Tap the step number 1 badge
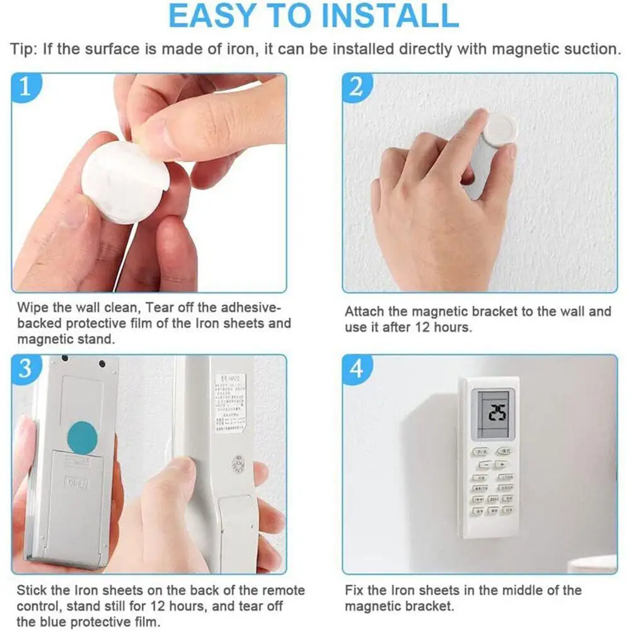click(25, 87)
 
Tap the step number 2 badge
click(357, 87)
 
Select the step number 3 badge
click(25, 368)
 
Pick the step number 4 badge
click(357, 368)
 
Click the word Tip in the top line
click(23, 49)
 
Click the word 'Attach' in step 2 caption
click(363, 311)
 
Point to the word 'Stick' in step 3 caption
click(31, 591)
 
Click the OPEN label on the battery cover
click(76, 483)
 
